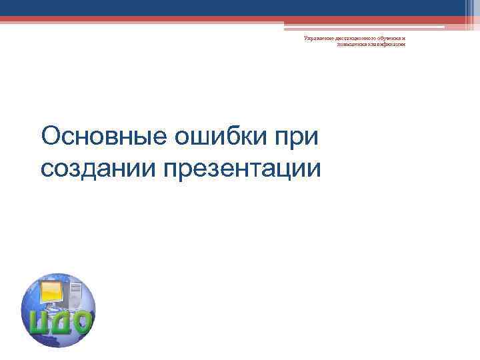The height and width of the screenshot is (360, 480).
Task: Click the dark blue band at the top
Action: pyautogui.click(x=240, y=7)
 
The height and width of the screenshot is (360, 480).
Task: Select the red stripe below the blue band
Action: pyautogui.click(x=240, y=19)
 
